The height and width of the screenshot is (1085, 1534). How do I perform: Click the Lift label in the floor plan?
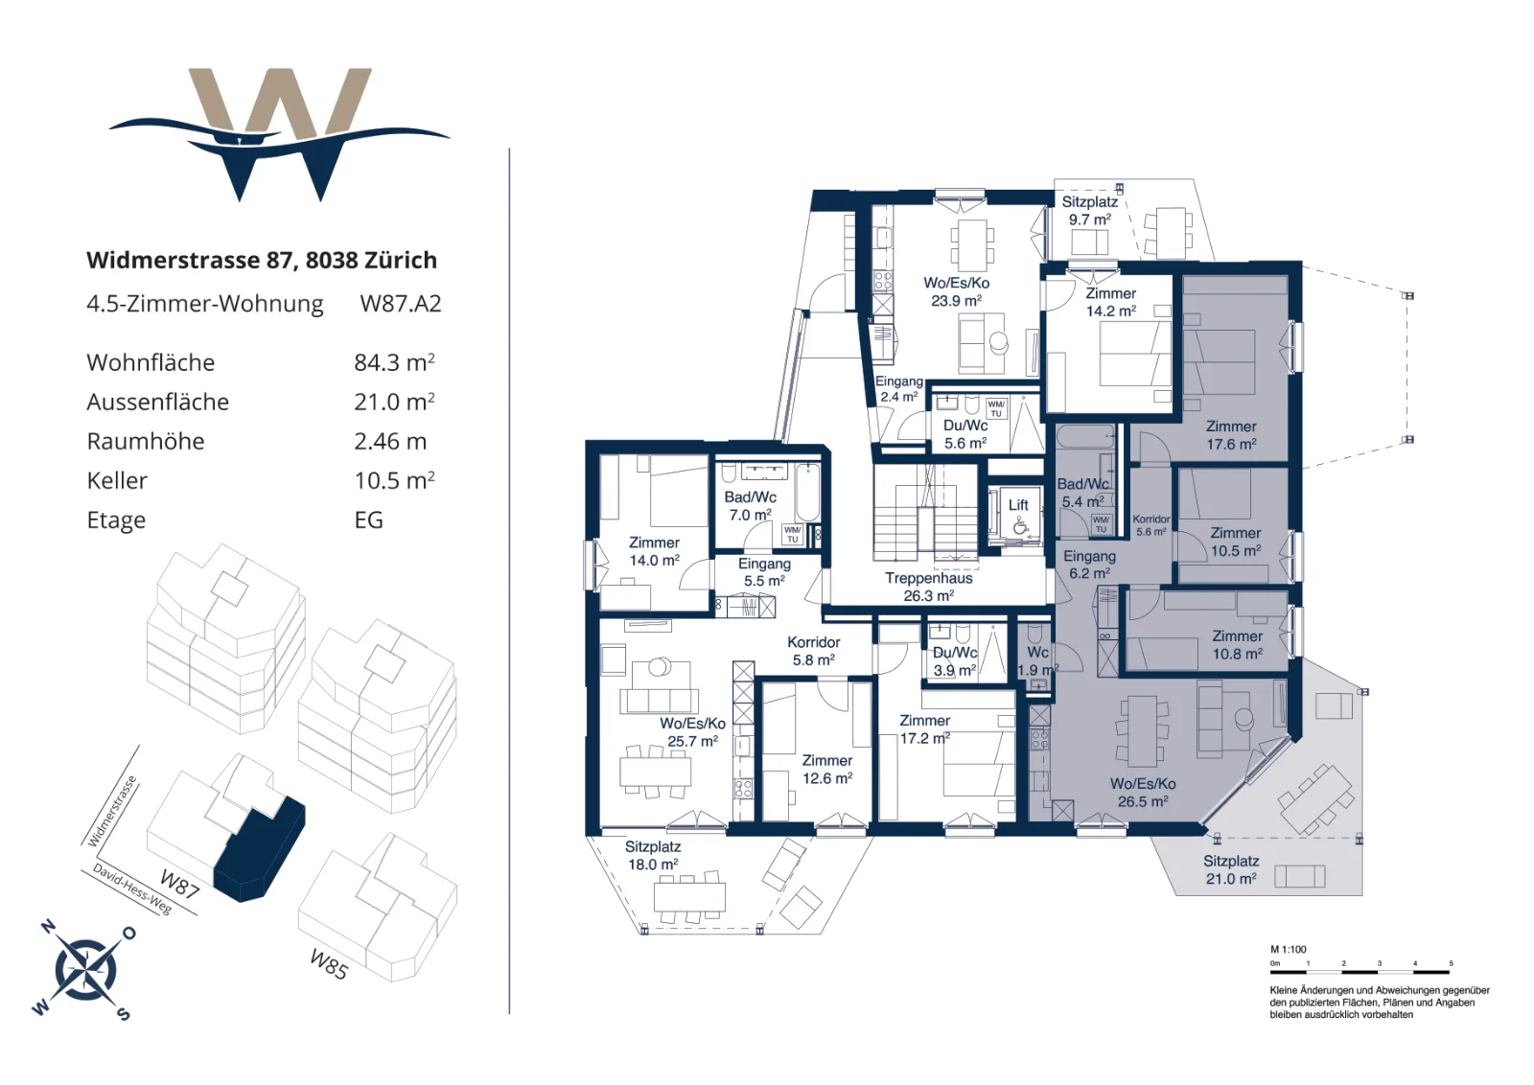tap(1018, 505)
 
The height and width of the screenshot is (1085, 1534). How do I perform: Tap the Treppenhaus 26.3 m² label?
tap(929, 587)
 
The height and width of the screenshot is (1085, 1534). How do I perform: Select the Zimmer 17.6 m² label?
tap(1231, 435)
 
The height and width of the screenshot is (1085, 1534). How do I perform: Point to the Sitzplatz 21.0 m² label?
tap(1231, 870)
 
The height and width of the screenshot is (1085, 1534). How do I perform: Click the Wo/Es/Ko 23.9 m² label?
tap(956, 291)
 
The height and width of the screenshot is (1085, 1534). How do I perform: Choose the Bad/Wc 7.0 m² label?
tap(750, 506)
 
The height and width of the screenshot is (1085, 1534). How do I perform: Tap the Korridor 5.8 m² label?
tap(814, 651)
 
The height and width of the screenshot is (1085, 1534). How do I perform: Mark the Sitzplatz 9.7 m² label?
tap(1089, 211)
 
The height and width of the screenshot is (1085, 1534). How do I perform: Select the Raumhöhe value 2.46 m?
tap(390, 442)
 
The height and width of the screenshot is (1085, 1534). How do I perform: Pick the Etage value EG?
tap(368, 520)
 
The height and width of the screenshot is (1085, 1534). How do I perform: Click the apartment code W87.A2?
tap(401, 303)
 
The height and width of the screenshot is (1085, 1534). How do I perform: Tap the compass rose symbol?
tap(85, 969)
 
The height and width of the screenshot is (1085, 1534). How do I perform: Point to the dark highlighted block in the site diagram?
tap(260, 849)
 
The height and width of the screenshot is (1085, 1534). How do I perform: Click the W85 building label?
tap(330, 963)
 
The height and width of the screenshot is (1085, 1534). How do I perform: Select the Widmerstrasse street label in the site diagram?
tap(112, 811)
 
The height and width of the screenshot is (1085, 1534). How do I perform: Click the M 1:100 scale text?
tap(1289, 950)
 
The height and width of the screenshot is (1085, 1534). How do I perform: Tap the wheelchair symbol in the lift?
tap(1020, 526)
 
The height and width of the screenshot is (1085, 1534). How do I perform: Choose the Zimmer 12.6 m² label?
tap(827, 770)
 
